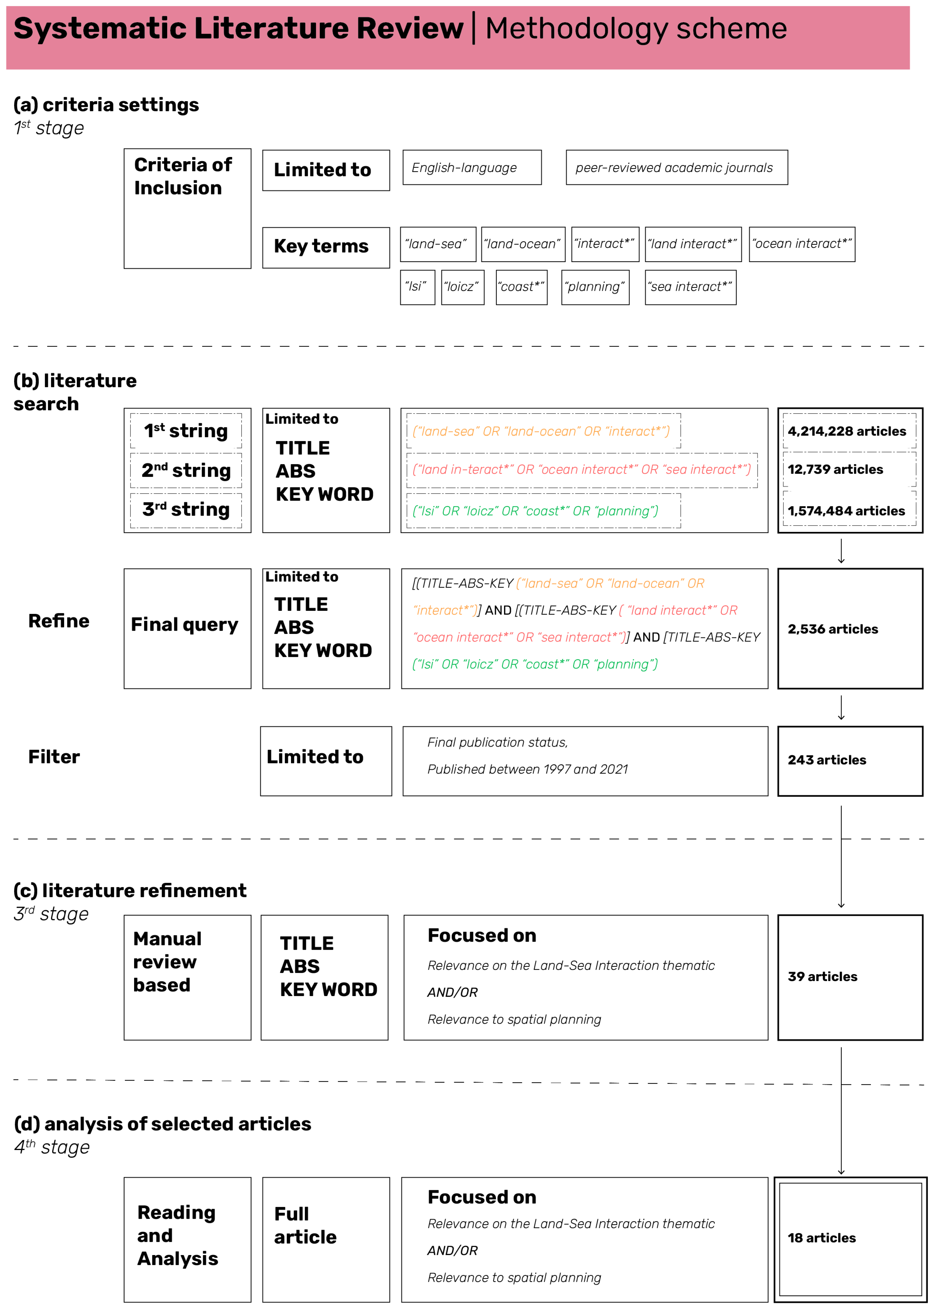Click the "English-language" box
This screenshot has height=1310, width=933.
coord(472,167)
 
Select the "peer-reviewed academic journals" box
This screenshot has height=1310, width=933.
coord(676,167)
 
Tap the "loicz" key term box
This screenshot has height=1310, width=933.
coord(463,287)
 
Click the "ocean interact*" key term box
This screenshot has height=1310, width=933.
coord(801,244)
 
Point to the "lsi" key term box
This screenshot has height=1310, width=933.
coord(417,287)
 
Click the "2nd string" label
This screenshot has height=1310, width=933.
coord(186,470)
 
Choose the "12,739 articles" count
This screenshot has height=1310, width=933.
coord(835,469)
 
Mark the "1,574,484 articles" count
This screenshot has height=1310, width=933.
coord(846,511)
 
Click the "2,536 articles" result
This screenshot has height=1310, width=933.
coord(832,629)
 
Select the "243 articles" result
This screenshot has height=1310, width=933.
coord(827,760)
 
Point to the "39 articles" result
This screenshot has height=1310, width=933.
coord(822,976)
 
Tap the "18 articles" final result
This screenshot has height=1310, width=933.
coord(821,1238)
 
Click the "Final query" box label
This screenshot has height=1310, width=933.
coord(184,625)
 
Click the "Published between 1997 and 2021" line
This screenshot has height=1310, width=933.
coord(527,769)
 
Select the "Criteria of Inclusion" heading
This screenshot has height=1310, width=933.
coord(183,177)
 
